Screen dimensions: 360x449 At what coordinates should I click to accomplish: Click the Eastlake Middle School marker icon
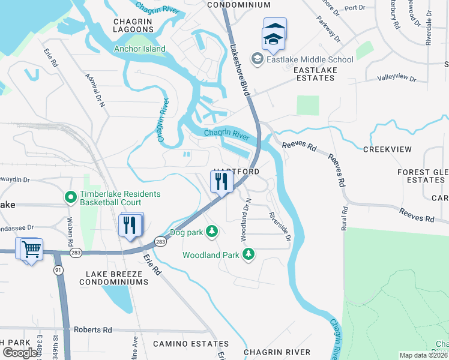258,59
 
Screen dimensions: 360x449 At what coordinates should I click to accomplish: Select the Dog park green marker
211,230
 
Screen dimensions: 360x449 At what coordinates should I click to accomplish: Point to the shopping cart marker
31,248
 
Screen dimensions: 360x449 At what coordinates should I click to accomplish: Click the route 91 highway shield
58,270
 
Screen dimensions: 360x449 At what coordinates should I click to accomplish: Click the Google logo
20,352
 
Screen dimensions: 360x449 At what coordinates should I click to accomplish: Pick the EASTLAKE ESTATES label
315,74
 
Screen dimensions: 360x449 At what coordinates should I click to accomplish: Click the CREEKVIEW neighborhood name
387,149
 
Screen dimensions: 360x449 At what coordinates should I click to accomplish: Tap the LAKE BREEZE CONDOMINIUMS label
113,277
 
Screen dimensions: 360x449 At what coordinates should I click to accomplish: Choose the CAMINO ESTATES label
190,344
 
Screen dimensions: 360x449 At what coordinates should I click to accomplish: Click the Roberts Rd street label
92,329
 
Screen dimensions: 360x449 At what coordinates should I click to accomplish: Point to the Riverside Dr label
280,226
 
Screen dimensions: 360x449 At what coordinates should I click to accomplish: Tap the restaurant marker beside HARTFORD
221,181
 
